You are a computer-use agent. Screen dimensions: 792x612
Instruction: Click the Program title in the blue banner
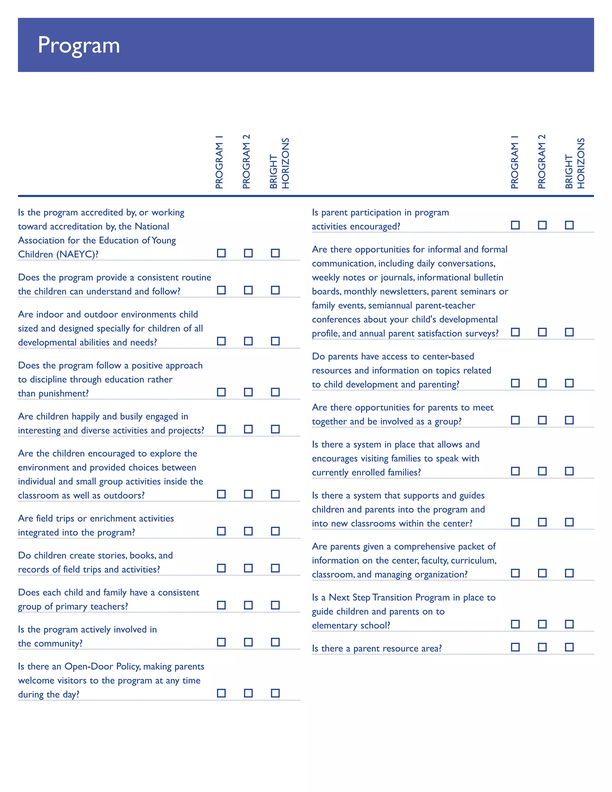click(x=79, y=45)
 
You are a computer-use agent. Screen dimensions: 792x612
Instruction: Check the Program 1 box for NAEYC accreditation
click(x=221, y=253)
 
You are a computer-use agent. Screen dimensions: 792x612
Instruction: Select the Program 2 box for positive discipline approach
click(x=248, y=392)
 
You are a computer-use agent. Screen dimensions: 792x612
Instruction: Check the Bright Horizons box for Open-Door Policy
click(x=275, y=693)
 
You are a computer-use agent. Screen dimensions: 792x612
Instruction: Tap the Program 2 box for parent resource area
click(x=542, y=647)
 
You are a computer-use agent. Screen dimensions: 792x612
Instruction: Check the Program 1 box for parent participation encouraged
click(x=515, y=225)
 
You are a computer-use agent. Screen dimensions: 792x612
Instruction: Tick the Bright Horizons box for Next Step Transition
click(x=569, y=624)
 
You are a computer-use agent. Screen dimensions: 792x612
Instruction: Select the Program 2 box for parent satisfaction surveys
click(x=542, y=332)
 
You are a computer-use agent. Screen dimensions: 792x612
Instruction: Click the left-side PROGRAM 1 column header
click(x=219, y=162)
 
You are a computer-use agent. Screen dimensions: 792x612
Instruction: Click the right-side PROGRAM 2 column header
click(x=542, y=162)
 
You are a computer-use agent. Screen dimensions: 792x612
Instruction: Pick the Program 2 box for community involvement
click(x=248, y=642)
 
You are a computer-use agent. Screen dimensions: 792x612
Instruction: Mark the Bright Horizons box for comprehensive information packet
click(x=569, y=573)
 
